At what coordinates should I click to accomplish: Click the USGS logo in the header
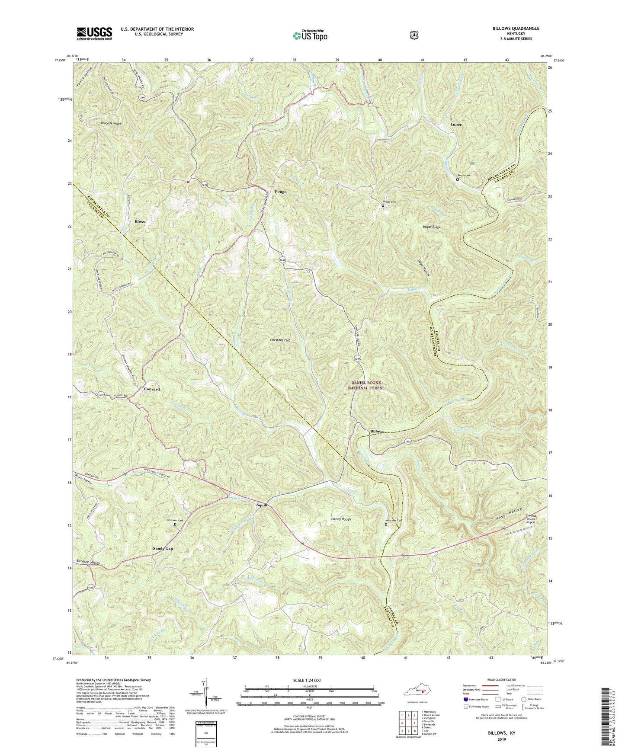tap(94, 33)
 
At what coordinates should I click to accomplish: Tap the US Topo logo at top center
tap(309, 35)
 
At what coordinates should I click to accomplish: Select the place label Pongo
tap(280, 191)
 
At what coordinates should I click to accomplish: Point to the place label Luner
tap(456, 124)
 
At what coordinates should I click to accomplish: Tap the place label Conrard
tap(151, 389)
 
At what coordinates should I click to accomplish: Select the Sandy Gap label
tap(163, 548)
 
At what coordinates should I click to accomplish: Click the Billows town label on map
tap(377, 432)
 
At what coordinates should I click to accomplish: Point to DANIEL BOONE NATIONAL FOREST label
tap(367, 385)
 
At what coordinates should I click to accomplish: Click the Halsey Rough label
tap(340, 519)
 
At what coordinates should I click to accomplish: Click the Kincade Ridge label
tap(111, 123)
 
